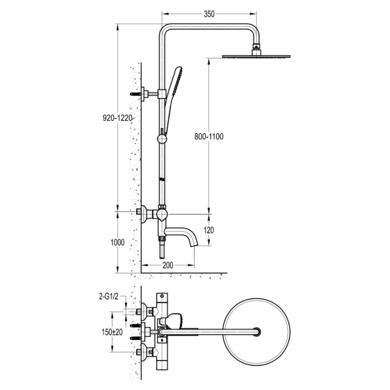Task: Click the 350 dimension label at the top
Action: click(209, 15)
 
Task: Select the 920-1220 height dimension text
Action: click(117, 118)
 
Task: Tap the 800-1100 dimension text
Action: click(209, 137)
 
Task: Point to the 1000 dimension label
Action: click(117, 243)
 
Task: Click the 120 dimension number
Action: click(209, 230)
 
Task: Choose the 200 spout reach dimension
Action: click(168, 265)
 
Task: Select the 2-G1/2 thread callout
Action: click(109, 296)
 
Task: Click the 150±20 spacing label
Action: click(112, 332)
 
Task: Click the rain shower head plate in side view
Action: click(256, 56)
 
